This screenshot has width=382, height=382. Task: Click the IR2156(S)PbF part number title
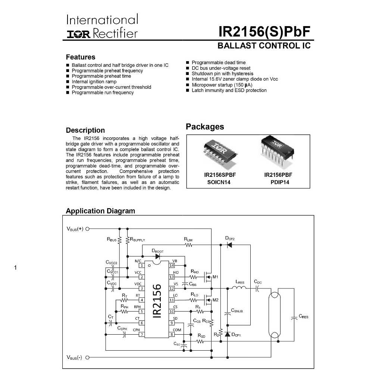click(264, 32)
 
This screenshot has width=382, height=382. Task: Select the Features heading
click(81, 57)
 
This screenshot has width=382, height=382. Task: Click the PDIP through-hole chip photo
click(276, 151)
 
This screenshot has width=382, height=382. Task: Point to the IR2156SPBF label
click(220, 175)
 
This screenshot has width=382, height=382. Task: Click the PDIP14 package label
click(280, 182)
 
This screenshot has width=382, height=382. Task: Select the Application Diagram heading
click(100, 211)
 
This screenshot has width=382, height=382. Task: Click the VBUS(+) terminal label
click(75, 229)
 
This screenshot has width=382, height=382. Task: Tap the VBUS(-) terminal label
click(75, 358)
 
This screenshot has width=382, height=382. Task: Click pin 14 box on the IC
click(172, 266)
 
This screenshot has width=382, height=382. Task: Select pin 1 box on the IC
click(141, 266)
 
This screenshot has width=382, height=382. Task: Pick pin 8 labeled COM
click(172, 335)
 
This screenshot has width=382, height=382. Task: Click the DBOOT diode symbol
click(157, 256)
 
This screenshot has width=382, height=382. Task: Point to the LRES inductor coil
click(239, 288)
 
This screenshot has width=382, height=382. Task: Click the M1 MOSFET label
click(215, 277)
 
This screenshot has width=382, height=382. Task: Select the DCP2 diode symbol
click(229, 245)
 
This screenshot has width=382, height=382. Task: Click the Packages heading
click(205, 126)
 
